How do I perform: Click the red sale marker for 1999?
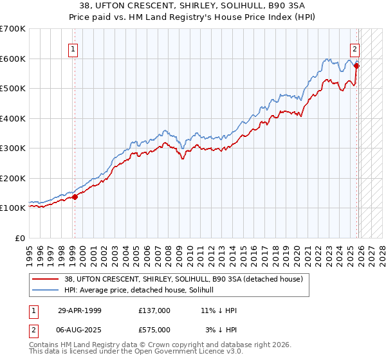[75, 197]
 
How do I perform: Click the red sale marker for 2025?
[357, 66]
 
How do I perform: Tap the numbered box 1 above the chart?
[73, 49]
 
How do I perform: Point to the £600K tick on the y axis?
[13, 59]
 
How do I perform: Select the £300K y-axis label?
[13, 148]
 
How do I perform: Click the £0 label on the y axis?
[21, 238]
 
